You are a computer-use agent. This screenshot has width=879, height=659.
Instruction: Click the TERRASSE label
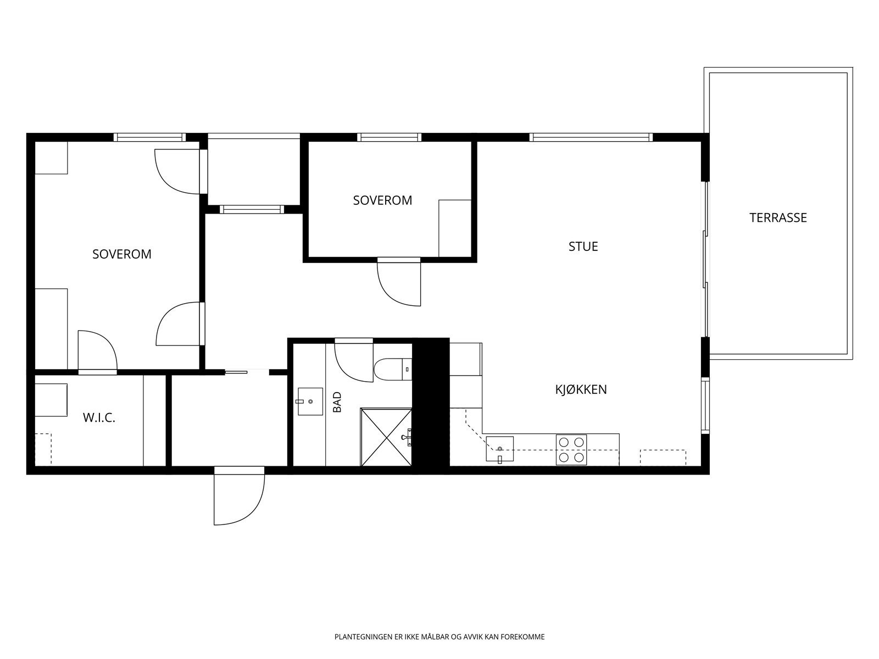[778, 217]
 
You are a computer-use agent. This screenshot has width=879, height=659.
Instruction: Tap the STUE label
[583, 247]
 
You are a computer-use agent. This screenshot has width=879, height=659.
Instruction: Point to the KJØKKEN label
[581, 389]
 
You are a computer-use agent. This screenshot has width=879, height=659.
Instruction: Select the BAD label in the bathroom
[337, 402]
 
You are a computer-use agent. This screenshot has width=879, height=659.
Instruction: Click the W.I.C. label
[99, 418]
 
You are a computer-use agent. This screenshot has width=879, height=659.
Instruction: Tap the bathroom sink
[310, 401]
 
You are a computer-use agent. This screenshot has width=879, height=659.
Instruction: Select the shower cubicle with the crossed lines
[386, 437]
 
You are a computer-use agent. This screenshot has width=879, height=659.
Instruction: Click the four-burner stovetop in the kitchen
[571, 450]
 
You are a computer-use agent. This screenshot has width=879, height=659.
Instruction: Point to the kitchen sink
[499, 449]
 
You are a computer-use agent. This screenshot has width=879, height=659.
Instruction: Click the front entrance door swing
[239, 496]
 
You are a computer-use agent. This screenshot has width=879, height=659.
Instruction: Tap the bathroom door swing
[354, 360]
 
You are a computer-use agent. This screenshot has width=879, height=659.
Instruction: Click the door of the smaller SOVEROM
[399, 282]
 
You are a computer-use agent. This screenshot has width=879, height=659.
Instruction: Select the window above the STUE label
[591, 137]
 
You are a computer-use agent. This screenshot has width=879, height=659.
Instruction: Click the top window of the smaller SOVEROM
[390, 137]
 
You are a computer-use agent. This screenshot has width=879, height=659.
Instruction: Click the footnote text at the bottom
[439, 636]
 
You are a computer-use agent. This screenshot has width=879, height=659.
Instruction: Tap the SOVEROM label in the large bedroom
[122, 254]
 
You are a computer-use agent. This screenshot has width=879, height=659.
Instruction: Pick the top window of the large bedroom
[150, 137]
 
